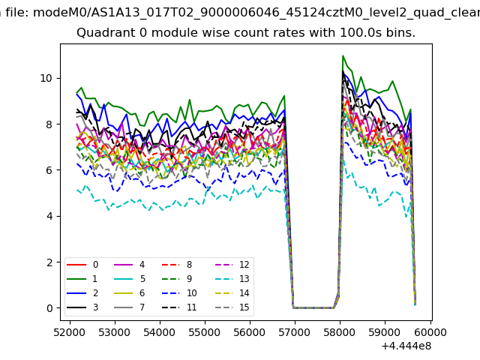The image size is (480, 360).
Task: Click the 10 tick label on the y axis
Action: (x=46, y=78)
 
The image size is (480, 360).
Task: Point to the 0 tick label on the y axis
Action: (x=49, y=308)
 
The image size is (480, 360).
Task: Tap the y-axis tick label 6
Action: (x=49, y=170)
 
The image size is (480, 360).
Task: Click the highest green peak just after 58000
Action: (x=343, y=55)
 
